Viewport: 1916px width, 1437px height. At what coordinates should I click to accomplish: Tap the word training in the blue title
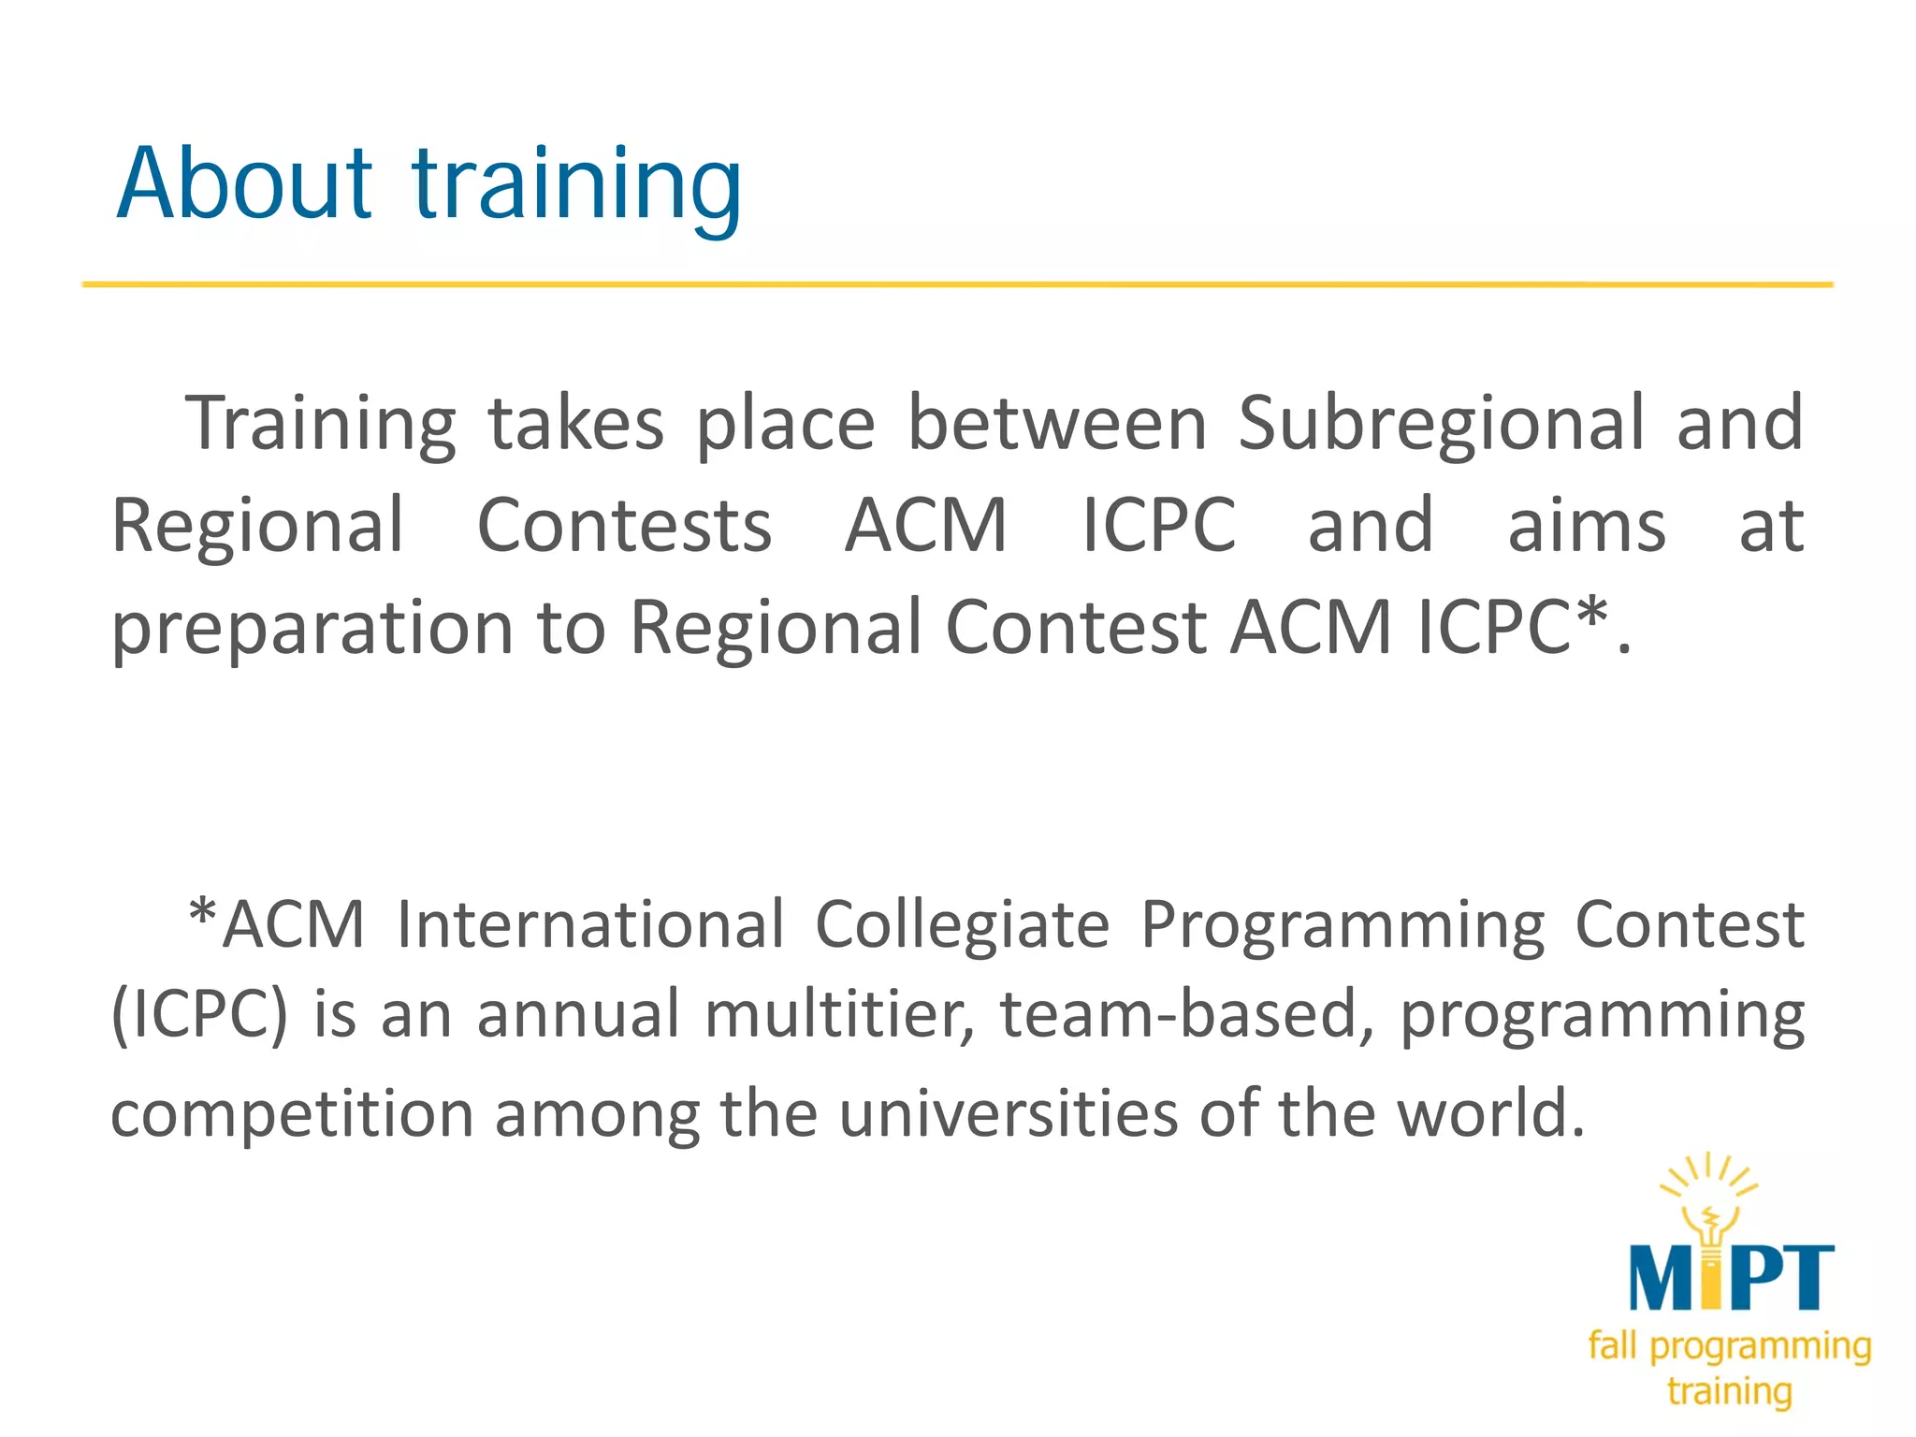577,187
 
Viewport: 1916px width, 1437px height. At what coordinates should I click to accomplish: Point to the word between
1057,423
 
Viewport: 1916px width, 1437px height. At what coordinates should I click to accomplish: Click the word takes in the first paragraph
575,423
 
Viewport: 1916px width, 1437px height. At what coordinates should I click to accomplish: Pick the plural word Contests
624,526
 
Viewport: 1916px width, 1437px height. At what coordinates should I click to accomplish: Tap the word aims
1587,526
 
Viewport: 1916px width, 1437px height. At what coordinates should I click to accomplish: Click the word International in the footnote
590,925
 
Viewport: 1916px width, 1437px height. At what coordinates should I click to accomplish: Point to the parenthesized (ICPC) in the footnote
199,1014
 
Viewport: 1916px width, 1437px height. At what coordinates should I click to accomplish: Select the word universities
1008,1113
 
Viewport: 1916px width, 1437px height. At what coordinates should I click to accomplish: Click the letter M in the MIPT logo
1663,1278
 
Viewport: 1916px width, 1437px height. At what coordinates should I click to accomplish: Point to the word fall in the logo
1612,1345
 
